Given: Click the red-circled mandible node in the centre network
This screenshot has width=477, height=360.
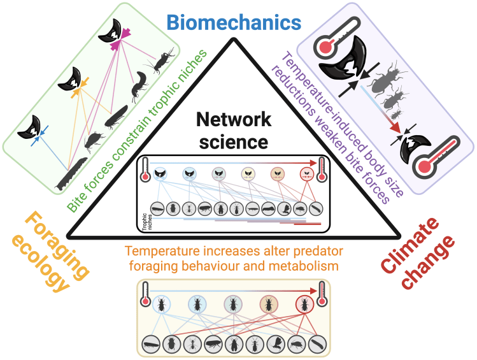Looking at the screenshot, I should tap(304, 173).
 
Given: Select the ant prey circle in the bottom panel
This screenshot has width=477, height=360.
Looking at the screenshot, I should tap(190, 345).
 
